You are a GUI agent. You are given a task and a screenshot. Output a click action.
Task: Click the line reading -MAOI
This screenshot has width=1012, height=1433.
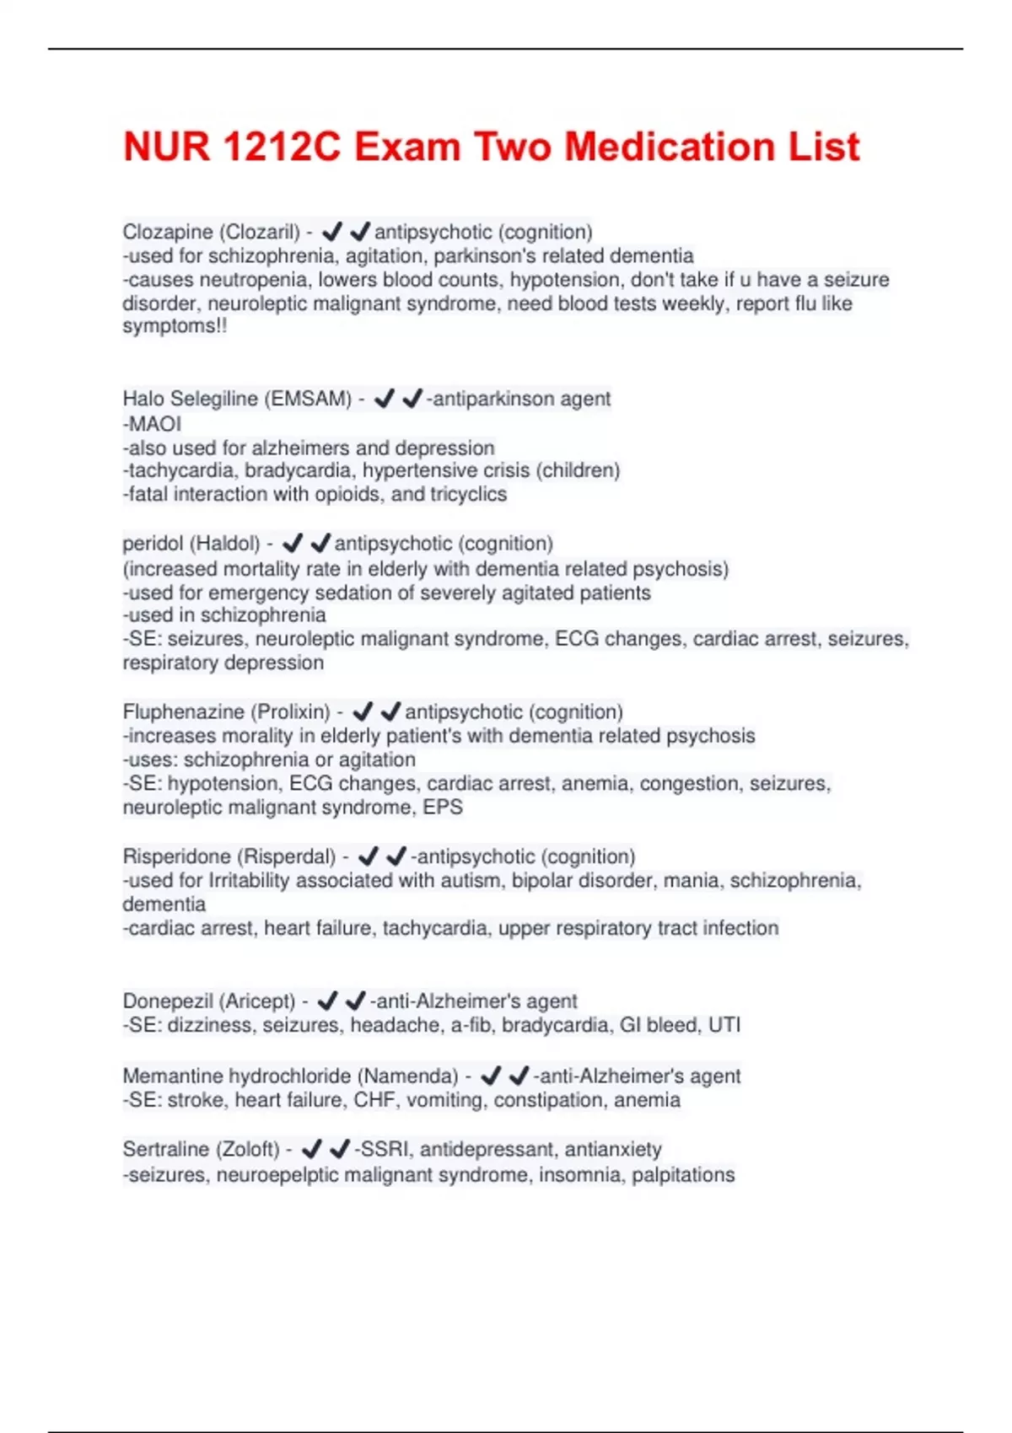pos(152,424)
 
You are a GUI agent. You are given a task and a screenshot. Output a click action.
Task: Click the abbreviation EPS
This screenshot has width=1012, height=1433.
pos(444,808)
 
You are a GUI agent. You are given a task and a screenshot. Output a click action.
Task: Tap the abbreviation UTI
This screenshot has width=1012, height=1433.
pos(724,1026)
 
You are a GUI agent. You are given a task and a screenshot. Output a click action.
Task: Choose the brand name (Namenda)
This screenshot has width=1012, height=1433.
pos(408,1076)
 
